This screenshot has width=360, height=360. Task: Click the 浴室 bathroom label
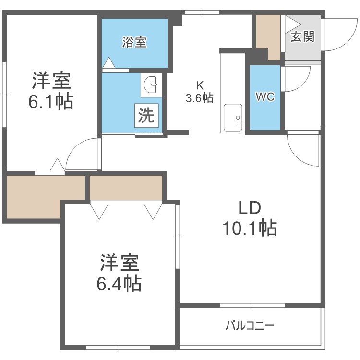[134, 43]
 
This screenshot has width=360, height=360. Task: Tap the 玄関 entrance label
[302, 36]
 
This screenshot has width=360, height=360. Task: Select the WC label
[264, 96]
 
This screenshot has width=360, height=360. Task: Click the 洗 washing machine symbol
[146, 115]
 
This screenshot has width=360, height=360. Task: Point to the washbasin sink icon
[150, 86]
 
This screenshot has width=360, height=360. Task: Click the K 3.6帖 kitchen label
[199, 92]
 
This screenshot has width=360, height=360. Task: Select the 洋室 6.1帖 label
[52, 91]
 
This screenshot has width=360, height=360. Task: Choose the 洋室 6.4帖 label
[120, 274]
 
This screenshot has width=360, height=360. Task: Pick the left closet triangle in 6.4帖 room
[100, 211]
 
